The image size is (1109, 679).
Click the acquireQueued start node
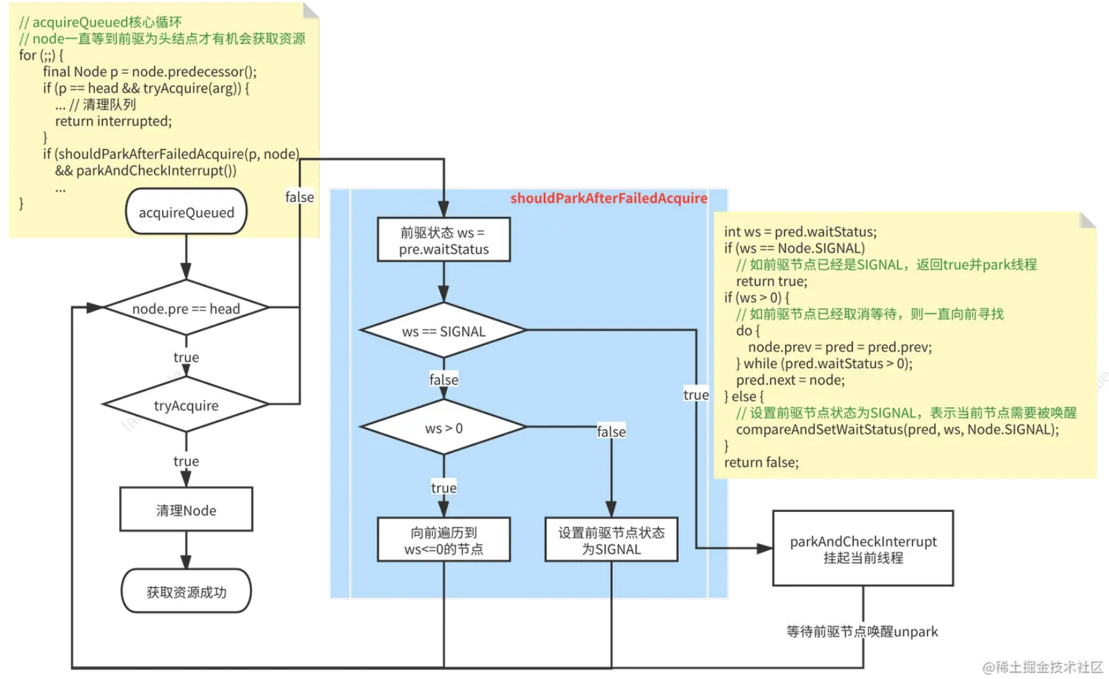186,212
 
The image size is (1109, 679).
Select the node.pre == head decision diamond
186,307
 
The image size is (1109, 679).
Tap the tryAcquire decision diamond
186,405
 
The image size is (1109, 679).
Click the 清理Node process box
186,509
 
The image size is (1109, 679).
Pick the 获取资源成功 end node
186,591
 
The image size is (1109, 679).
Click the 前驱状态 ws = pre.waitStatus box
444,240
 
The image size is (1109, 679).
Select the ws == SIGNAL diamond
444,331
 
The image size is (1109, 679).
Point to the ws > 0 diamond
444,427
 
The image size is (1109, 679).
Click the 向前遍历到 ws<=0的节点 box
444,540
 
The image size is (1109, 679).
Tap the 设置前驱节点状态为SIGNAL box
612,540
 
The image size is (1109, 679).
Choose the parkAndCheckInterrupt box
863,548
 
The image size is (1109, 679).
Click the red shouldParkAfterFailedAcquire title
609,198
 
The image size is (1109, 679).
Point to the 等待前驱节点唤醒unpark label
862,632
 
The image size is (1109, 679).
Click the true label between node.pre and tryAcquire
186,357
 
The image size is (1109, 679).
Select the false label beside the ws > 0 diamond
612,432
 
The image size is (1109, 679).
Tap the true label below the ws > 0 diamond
444,488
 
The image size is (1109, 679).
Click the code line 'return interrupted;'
114,121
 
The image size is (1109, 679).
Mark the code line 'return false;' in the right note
762,463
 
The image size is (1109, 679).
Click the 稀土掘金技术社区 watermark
1043,667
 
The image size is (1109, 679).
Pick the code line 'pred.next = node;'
790,381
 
